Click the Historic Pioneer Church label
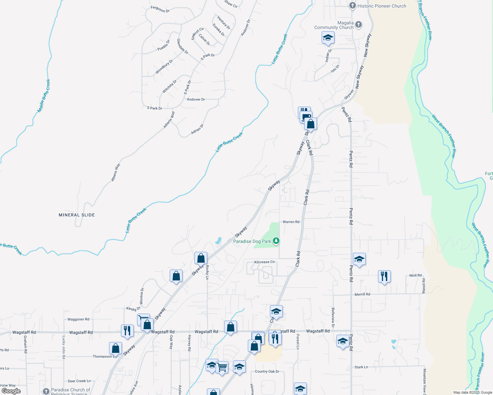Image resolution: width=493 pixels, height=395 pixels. click(382, 6)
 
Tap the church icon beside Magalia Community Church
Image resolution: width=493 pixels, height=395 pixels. click(359, 24)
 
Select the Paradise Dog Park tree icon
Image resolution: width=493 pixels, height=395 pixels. click(276, 241)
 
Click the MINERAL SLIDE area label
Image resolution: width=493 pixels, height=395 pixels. click(77, 215)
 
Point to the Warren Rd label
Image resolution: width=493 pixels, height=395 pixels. click(291, 222)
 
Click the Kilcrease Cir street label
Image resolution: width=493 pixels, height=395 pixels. click(264, 262)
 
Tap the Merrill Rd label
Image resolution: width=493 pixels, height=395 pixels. click(362, 294)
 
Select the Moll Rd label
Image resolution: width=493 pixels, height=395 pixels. click(415, 276)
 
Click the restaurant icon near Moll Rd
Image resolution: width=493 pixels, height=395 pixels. click(384, 276)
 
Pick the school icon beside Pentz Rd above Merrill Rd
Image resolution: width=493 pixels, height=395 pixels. click(359, 259)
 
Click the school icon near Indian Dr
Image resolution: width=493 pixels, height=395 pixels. click(328, 38)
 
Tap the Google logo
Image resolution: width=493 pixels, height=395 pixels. click(11, 391)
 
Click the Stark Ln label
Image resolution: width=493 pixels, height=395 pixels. click(361, 367)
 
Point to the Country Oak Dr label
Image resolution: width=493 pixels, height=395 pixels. click(267, 372)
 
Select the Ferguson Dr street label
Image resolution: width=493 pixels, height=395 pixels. click(160, 9)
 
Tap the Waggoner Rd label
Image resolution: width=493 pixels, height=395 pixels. click(78, 319)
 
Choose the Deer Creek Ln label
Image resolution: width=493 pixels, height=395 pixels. click(79, 381)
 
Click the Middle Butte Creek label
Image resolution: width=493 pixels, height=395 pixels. click(44, 96)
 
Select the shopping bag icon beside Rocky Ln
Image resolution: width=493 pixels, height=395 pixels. click(201, 258)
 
